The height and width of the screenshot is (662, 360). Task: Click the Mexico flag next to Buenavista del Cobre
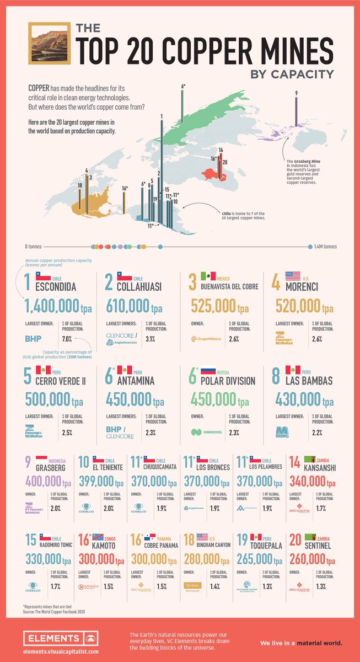point(208,276)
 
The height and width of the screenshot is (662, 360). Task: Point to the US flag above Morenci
point(292,276)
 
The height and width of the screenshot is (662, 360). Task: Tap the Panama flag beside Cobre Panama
point(149,536)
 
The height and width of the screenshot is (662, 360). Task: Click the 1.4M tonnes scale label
point(325,247)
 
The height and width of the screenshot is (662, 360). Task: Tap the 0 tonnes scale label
point(34,247)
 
